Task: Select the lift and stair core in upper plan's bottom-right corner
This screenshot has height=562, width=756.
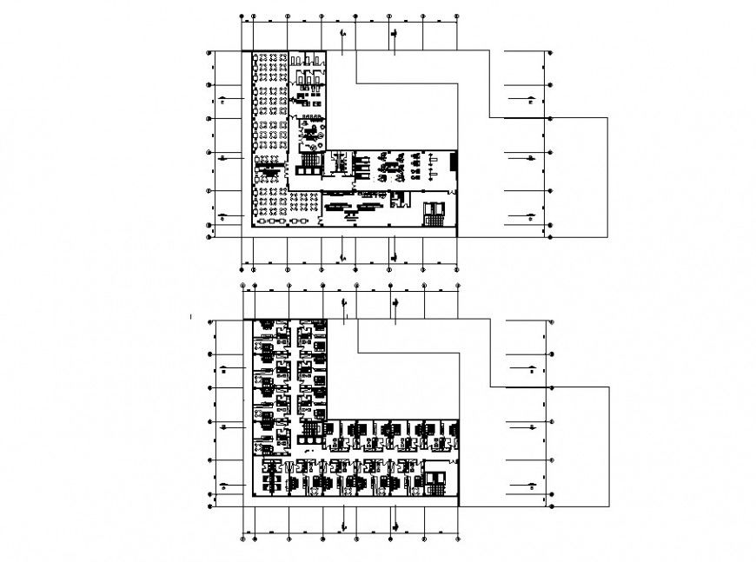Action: (434, 211)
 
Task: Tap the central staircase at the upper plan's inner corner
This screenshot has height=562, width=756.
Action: (311, 160)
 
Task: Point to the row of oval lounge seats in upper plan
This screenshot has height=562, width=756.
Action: (279, 221)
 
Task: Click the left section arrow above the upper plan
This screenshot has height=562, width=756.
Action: (345, 36)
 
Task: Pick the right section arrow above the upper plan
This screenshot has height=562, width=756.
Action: (395, 36)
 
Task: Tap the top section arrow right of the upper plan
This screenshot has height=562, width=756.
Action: (527, 101)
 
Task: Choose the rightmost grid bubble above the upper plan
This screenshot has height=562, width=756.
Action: (457, 17)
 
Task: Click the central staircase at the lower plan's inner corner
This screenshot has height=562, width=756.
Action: (310, 428)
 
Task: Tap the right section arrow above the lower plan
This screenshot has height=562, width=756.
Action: (396, 303)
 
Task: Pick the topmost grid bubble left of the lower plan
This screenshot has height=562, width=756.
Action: (209, 321)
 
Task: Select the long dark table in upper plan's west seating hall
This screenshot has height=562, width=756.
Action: (272, 171)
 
